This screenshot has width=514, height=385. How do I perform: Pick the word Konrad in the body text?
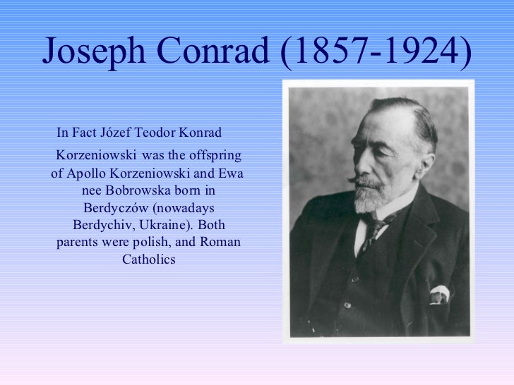click(x=201, y=133)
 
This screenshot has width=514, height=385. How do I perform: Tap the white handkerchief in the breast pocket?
click(x=439, y=293)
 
